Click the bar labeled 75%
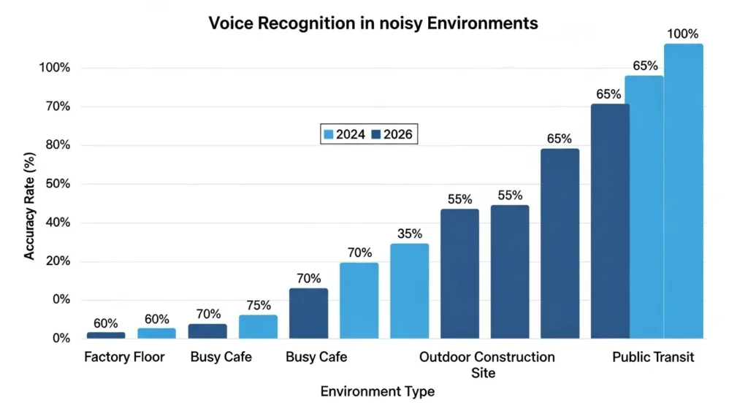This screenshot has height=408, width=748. (x=258, y=326)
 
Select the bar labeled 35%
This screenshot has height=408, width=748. (x=409, y=290)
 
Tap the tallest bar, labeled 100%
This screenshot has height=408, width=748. (x=683, y=191)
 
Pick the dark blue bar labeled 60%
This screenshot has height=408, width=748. (x=106, y=335)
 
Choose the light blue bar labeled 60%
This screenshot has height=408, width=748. (x=156, y=333)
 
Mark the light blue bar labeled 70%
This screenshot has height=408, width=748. (x=359, y=300)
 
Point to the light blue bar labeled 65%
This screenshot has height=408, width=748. (x=644, y=207)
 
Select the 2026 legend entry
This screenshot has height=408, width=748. (x=394, y=134)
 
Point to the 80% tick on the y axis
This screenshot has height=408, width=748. (x=56, y=145)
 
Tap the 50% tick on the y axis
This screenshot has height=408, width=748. (x=56, y=184)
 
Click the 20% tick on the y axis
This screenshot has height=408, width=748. (x=56, y=261)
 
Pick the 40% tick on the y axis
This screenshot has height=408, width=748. (x=56, y=223)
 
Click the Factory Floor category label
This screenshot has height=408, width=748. (x=124, y=358)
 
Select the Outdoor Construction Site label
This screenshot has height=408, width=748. (x=486, y=365)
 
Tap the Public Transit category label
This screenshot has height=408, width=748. (x=653, y=358)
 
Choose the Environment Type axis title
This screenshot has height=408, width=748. (x=378, y=391)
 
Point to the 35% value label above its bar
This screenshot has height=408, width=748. (x=409, y=234)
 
